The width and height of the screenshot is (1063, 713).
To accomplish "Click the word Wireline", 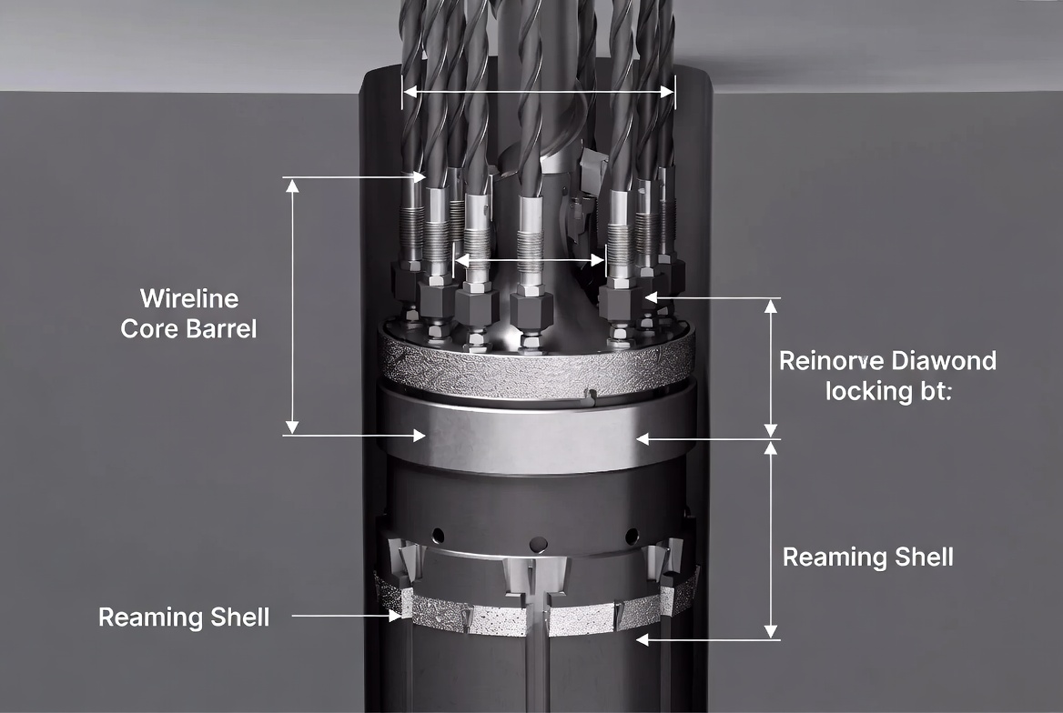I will (189, 298).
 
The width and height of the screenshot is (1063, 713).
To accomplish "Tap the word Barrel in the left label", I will (222, 328).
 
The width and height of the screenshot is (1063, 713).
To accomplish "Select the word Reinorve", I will (827, 361).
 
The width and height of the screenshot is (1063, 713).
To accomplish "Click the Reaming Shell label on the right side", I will (867, 557).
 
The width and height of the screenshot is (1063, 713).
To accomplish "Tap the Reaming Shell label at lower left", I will (184, 618).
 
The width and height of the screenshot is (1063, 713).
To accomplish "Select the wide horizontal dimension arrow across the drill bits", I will (539, 91).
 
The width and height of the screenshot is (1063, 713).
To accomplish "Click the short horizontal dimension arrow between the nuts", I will (530, 260).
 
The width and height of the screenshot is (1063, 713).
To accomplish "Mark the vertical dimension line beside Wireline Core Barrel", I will (292, 306).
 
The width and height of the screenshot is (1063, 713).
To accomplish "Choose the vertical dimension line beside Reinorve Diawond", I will (772, 367).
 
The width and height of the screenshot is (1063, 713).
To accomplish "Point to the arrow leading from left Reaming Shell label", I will (346, 617).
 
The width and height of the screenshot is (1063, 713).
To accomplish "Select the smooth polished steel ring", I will (537, 437).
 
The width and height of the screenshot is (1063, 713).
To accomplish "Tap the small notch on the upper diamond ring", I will (591, 396).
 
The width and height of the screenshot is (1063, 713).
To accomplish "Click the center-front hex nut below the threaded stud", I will (529, 308).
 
